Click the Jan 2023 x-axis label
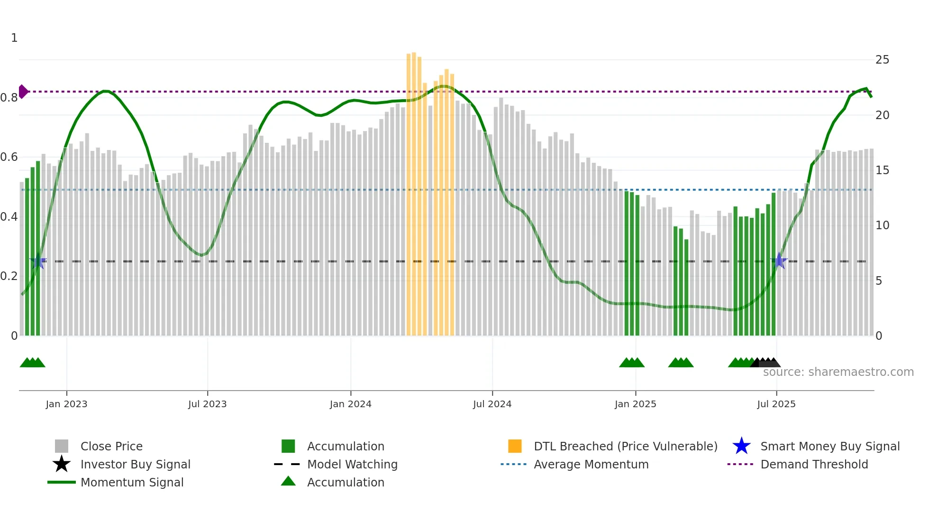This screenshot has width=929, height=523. [x=66, y=404]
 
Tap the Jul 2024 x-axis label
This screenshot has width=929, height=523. [x=492, y=404]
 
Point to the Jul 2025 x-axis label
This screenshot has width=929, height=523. [x=776, y=404]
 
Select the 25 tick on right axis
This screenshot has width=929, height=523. [x=882, y=60]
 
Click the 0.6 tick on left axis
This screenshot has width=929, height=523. [x=9, y=157]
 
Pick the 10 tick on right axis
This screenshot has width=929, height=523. [x=882, y=225]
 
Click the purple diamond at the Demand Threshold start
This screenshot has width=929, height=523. [x=23, y=92]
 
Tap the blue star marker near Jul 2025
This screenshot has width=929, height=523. [x=779, y=261]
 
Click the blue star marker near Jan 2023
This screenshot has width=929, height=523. [x=38, y=261]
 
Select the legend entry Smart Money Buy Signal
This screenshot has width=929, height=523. [x=829, y=446]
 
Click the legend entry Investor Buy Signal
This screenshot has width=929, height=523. [x=135, y=464]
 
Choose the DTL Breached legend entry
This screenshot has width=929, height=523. [x=625, y=446]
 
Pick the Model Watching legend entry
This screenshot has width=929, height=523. [x=352, y=464]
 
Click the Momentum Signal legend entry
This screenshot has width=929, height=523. [x=132, y=482]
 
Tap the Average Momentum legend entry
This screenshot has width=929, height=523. [x=591, y=464]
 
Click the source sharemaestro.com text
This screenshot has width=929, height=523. [x=838, y=372]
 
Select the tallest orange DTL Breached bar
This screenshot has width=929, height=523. [x=414, y=190]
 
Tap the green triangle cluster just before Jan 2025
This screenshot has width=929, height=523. [x=631, y=363]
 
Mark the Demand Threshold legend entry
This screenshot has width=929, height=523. [x=814, y=464]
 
